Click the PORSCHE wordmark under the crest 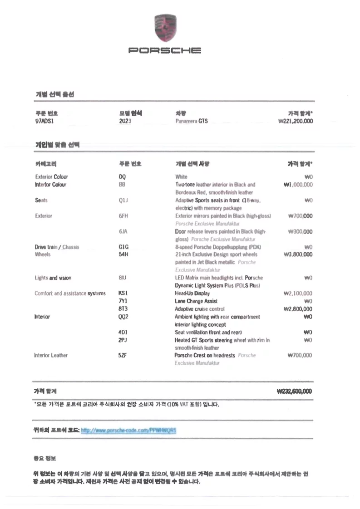coord(165,50)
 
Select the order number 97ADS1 coord(44,121)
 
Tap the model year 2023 coord(125,121)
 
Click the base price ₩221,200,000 coord(295,121)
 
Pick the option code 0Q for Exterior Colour coord(122,177)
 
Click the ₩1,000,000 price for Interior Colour coord(297,185)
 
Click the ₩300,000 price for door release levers coord(300,231)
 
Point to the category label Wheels coord(43,254)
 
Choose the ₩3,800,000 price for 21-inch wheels coord(297,254)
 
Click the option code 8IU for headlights coord(123,278)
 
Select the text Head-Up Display coord(190,293)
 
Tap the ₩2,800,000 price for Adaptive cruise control coord(297,309)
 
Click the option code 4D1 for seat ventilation coord(123,333)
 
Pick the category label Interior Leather coord(51,355)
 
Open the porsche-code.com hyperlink coord(128,429)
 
